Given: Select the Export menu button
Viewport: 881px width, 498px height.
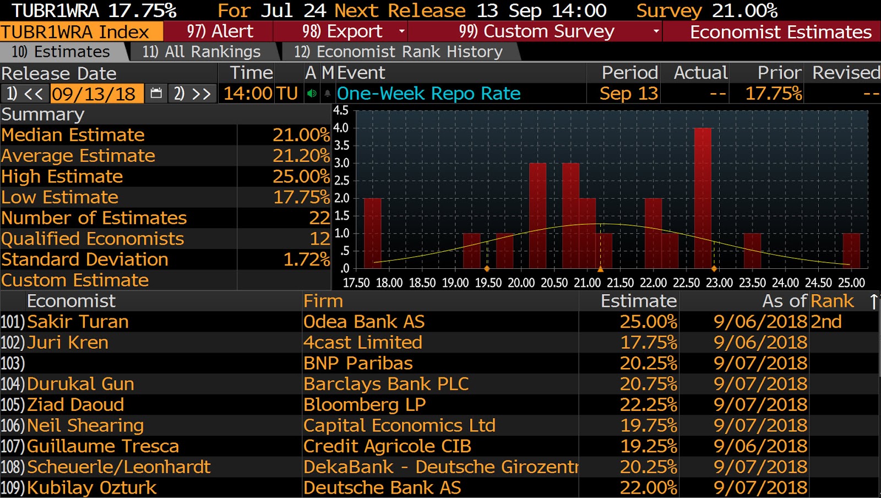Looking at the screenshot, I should click(x=341, y=31).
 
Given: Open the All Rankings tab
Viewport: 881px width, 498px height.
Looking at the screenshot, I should click(x=201, y=52).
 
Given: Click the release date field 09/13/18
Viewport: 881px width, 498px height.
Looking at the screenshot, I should click(x=94, y=94).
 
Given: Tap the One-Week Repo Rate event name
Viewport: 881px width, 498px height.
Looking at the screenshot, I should click(x=428, y=94).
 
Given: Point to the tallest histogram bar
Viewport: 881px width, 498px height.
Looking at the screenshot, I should click(x=703, y=198).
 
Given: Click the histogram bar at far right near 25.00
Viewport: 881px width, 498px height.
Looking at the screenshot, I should click(x=851, y=251).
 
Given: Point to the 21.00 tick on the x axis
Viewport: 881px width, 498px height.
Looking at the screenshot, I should click(x=588, y=283).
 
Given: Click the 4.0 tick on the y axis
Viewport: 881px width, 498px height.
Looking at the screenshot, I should click(x=341, y=128).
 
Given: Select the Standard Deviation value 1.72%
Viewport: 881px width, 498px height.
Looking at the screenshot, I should click(x=306, y=259).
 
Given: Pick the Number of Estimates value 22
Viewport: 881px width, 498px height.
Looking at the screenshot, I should click(x=319, y=218).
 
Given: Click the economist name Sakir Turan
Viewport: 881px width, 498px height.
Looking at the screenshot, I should click(x=78, y=322).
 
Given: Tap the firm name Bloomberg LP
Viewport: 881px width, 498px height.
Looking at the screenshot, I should click(x=365, y=405).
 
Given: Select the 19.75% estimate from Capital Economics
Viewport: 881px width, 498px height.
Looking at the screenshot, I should click(x=648, y=426).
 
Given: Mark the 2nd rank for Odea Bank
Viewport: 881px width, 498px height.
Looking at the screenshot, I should click(x=826, y=322).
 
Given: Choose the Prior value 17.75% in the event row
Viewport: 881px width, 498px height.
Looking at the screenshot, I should click(x=773, y=94).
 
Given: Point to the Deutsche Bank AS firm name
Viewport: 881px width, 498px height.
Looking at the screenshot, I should click(x=382, y=488).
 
